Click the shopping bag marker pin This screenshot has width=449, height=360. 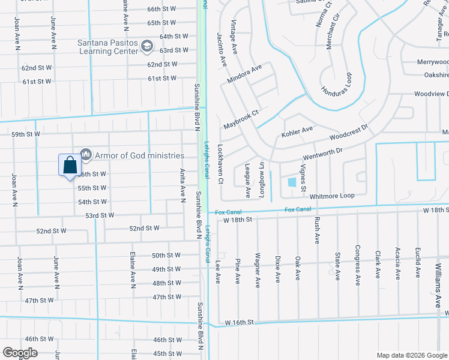[70, 165]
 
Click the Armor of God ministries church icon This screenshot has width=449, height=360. [85, 155]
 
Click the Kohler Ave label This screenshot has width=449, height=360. [297, 130]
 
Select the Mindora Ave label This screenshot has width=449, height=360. [244, 75]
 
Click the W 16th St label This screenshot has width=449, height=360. [240, 323]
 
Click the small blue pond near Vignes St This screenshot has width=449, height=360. [292, 182]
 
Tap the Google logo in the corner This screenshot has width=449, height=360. [19, 353]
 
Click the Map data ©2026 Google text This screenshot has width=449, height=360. [412, 355]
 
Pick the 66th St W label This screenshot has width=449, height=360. [161, 9]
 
